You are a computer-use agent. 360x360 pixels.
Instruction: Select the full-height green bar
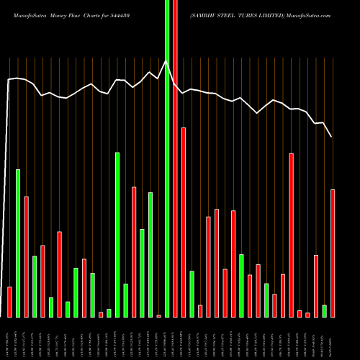(167, 158)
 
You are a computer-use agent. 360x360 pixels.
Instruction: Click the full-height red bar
(176, 158)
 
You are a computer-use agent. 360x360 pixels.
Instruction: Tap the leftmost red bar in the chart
(9, 302)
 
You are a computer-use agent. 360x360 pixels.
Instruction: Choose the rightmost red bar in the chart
(333, 253)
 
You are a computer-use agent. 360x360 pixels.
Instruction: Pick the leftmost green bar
(18, 243)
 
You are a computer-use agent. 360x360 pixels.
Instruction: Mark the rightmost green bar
(325, 310)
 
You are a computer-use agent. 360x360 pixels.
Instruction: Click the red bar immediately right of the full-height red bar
(184, 222)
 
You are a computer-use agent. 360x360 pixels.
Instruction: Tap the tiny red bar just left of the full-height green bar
(159, 315)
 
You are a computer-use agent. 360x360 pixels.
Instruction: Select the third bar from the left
(26, 256)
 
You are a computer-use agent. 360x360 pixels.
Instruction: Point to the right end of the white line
(332, 136)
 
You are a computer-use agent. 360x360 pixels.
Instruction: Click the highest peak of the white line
(166, 61)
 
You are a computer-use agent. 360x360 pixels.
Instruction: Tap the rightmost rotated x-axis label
(333, 338)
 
